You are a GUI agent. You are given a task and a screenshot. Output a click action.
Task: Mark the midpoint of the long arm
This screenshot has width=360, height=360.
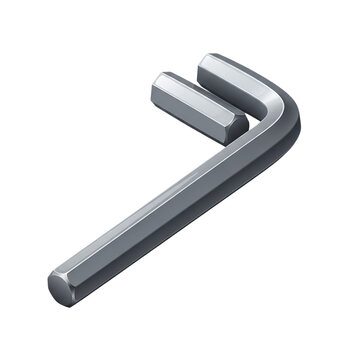tap(170, 220)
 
